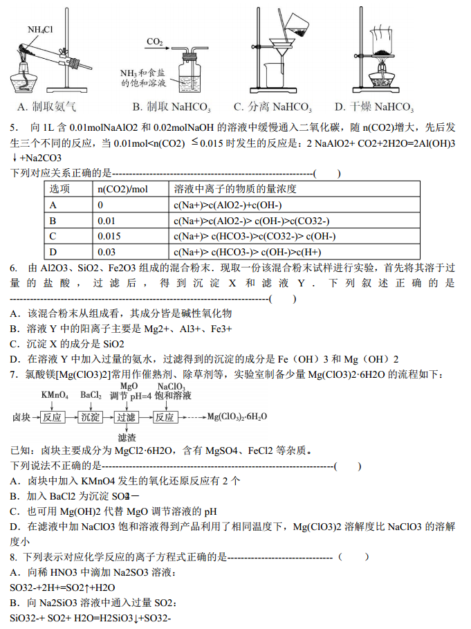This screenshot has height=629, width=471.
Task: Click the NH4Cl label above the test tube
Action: tap(40, 30)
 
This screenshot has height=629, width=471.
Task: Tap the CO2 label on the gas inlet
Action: tap(154, 42)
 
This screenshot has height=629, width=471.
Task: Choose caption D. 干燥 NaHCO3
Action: tap(373, 107)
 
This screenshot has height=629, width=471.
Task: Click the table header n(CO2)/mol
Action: tap(122, 189)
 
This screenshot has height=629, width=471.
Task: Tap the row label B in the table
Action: tap(53, 221)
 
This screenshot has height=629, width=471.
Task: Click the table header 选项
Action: tap(59, 189)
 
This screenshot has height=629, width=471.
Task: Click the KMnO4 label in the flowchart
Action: tap(55, 394)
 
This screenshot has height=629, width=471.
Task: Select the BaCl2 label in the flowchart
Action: tap(91, 394)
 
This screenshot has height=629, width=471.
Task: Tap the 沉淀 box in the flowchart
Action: tap(90, 417)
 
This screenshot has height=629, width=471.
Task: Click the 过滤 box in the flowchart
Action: tap(126, 417)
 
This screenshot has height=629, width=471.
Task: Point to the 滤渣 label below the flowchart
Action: tap(127, 438)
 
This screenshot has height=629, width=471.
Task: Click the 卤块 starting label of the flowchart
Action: tap(21, 417)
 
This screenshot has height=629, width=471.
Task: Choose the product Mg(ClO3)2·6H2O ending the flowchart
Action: tap(237, 417)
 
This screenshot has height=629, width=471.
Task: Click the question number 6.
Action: tap(14, 268)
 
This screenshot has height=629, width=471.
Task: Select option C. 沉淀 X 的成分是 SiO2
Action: tap(67, 344)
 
